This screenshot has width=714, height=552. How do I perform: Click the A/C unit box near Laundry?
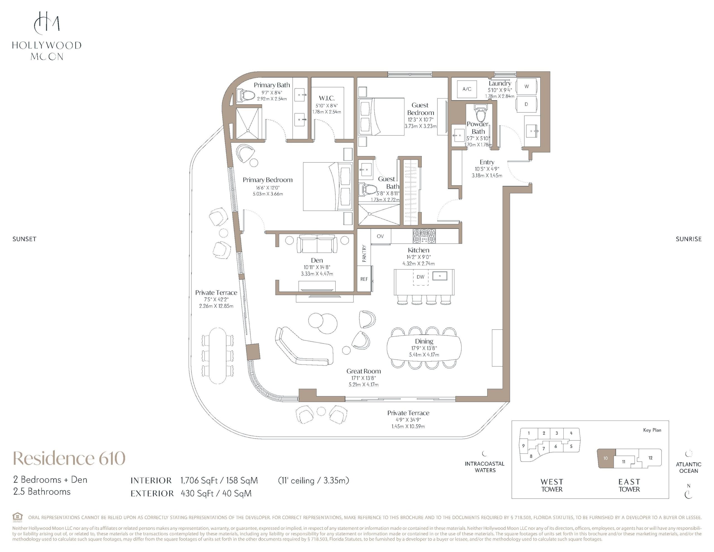467,89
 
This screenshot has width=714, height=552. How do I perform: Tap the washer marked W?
526,87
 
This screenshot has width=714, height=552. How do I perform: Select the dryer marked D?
526,104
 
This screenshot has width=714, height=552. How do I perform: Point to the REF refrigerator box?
364,279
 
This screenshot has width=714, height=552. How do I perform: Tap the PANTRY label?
364,254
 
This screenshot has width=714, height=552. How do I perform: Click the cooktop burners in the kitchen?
424,236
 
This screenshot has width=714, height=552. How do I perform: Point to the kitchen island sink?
440,275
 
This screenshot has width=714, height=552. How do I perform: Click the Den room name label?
317,260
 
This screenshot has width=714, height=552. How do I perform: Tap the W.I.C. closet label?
327,98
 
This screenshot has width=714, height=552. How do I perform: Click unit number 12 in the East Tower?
650,458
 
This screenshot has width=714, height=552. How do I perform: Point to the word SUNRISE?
689,239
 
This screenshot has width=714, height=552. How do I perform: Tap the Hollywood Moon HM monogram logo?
47,23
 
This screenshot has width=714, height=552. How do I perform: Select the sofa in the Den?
317,244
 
